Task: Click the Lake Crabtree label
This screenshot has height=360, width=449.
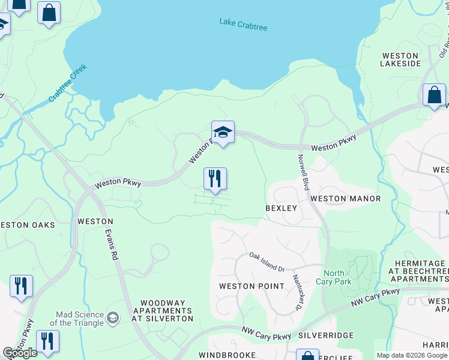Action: click(243, 24)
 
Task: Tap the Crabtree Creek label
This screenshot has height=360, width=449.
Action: click(68, 82)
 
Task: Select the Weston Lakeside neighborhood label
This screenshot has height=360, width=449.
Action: click(400, 59)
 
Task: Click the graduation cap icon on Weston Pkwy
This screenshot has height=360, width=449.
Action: click(223, 133)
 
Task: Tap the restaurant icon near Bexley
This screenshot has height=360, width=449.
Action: click(215, 179)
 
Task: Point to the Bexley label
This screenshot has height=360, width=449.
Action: click(282, 208)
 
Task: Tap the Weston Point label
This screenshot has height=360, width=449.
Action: click(252, 286)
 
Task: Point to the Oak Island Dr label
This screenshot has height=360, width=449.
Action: click(267, 261)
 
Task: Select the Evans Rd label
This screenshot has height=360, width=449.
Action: click(110, 245)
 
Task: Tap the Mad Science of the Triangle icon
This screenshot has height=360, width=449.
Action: click(112, 316)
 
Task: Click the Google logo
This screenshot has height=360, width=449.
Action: click(20, 353)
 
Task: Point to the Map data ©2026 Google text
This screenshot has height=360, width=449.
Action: click(411, 355)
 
